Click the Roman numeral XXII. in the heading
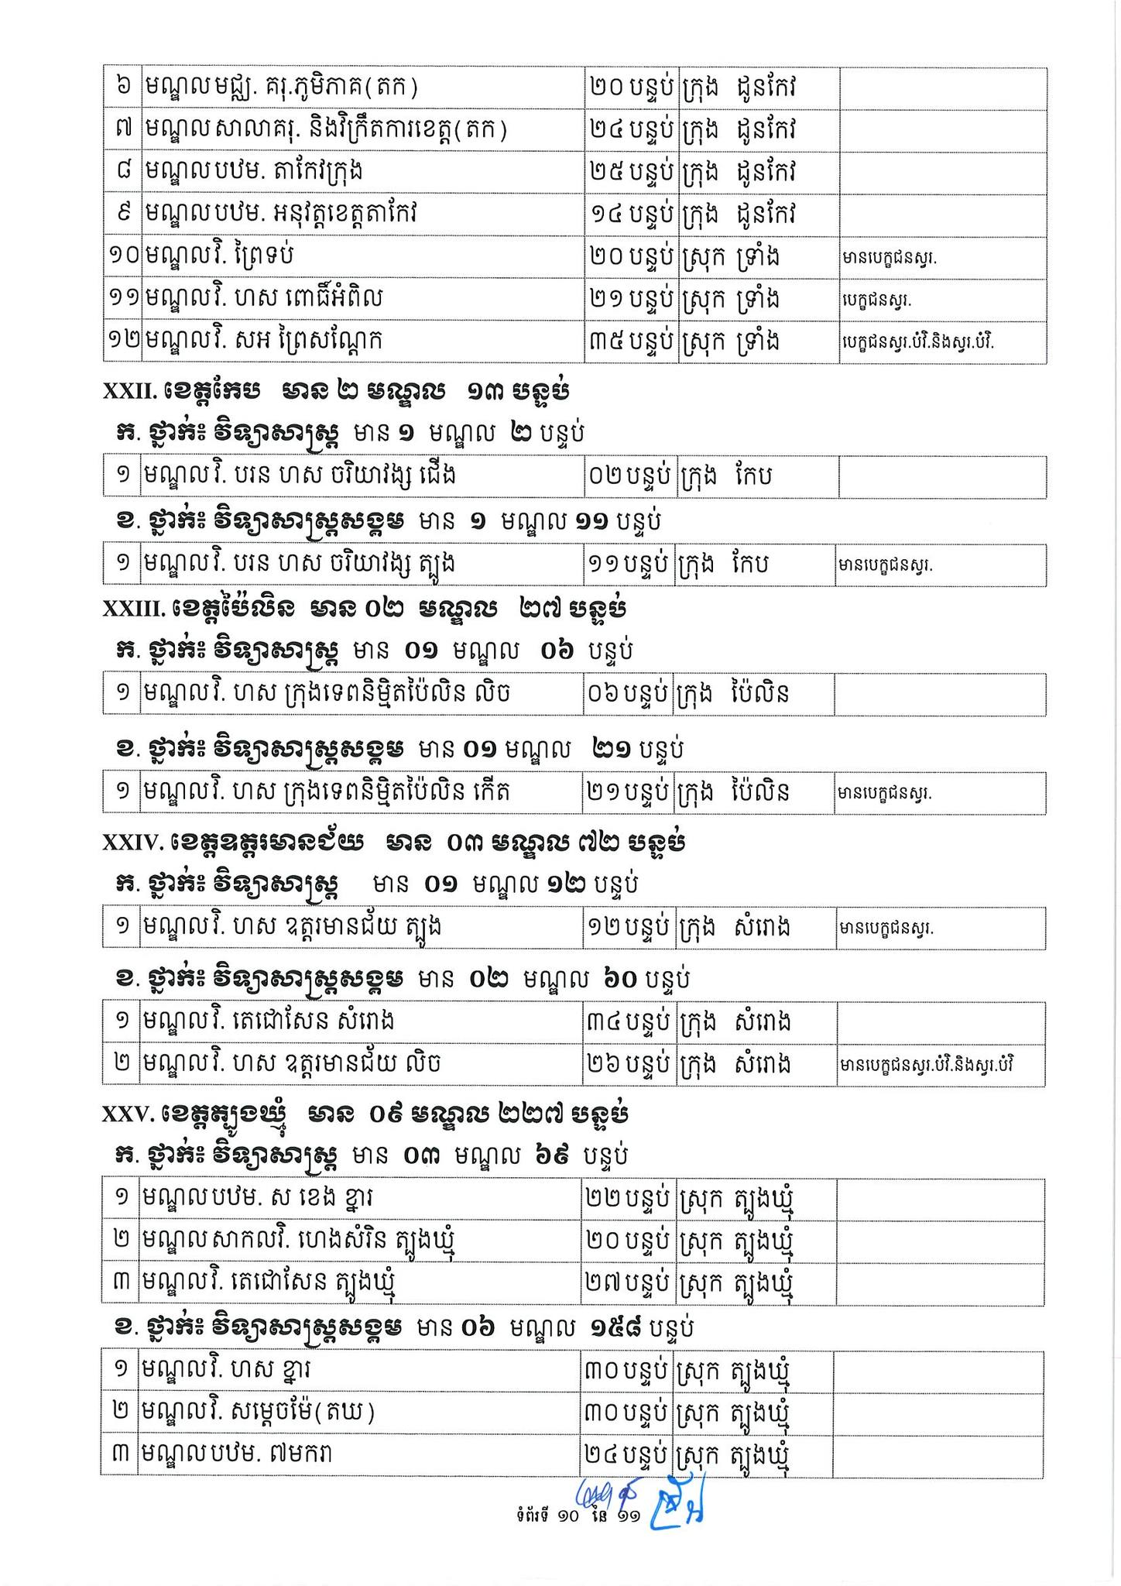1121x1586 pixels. tap(129, 392)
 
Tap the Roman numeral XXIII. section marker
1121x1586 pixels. tap(133, 609)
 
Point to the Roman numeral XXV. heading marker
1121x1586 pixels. tap(129, 1114)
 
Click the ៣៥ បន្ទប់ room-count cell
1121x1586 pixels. tap(629, 342)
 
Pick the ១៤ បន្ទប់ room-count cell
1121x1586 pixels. tap(629, 215)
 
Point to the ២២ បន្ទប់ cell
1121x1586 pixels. tap(627, 1199)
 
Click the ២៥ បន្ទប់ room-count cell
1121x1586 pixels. tap(629, 172)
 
